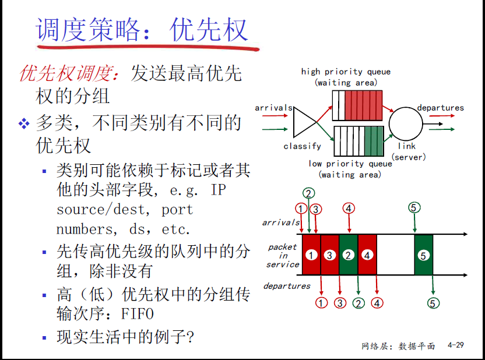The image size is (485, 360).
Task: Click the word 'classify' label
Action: (302, 146)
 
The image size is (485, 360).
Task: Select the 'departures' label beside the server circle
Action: (441, 108)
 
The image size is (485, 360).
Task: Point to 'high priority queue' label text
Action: (346, 72)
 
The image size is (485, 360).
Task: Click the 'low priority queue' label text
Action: (350, 164)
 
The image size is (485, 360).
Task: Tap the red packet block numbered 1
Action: (311, 255)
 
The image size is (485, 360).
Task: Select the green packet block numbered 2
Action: (349, 255)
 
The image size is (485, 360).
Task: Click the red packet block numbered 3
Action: (330, 255)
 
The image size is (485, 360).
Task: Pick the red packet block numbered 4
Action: (367, 255)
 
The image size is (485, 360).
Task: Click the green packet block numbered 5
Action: (423, 255)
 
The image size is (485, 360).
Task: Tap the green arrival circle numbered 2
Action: (308, 193)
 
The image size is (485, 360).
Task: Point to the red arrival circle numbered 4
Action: (349, 209)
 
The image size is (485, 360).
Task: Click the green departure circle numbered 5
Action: (433, 303)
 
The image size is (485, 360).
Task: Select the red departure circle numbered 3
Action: (340, 303)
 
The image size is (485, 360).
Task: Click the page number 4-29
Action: (456, 345)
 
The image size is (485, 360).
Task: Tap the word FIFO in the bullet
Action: (138, 314)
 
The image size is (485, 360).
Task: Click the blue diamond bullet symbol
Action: (24, 123)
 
